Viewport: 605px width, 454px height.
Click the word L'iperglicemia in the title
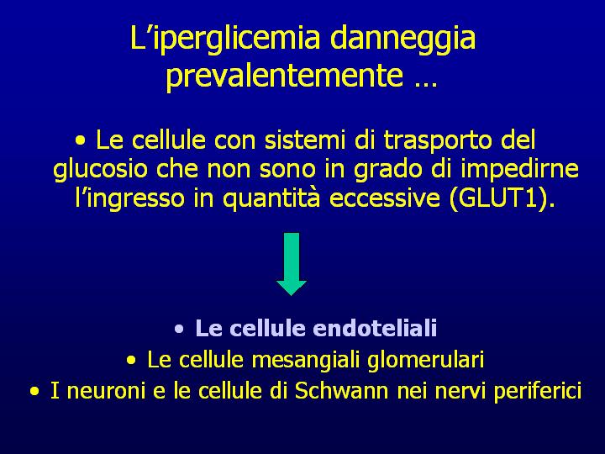click(x=225, y=39)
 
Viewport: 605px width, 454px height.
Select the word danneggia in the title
click(x=402, y=39)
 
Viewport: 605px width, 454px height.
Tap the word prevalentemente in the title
click(x=285, y=75)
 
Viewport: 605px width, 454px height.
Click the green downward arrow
click(x=292, y=264)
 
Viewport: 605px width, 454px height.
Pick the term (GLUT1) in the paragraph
click(x=502, y=198)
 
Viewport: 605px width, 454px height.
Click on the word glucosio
click(x=100, y=169)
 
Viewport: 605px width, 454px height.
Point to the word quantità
click(x=271, y=198)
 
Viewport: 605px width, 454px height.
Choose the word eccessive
click(x=385, y=198)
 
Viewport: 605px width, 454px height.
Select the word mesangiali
click(x=305, y=360)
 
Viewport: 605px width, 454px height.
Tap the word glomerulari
click(x=425, y=360)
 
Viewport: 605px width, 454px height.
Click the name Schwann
click(x=341, y=391)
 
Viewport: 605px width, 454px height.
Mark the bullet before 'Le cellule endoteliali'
click(x=179, y=330)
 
